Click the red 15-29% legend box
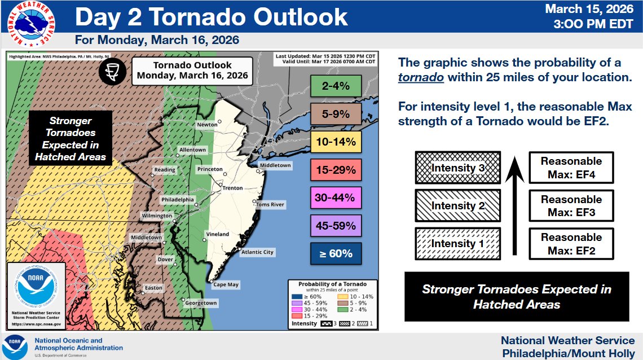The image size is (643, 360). (x=336, y=170)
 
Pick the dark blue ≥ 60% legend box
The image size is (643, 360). (x=336, y=253)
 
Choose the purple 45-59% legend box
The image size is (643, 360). (x=336, y=226)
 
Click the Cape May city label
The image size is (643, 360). (x=225, y=285)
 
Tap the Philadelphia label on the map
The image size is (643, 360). (x=178, y=200)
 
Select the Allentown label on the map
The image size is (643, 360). (x=192, y=150)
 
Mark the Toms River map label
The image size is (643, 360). (x=270, y=204)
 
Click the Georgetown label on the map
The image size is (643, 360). (x=201, y=303)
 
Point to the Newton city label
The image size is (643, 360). (x=206, y=125)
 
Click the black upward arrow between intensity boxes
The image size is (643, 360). (x=514, y=206)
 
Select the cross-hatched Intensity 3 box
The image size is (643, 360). (x=457, y=168)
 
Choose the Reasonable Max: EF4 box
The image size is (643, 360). (x=571, y=168)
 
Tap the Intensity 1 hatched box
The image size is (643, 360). (x=457, y=244)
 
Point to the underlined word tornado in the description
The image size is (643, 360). (x=421, y=77)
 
